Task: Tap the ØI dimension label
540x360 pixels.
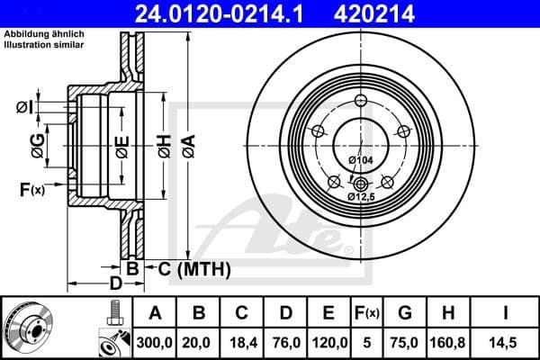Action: (24, 108)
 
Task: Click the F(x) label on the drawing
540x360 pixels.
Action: (31, 189)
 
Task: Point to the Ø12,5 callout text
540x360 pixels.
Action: (360, 195)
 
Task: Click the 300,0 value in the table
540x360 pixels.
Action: (155, 343)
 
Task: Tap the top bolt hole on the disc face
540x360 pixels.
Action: (361, 101)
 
